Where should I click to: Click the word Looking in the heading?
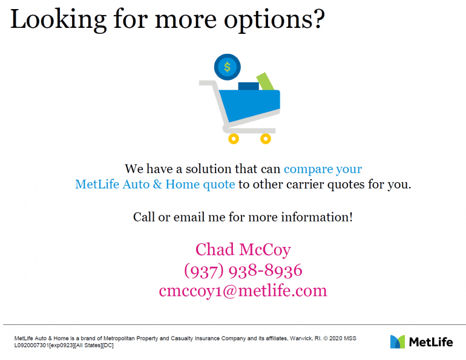(x=59, y=20)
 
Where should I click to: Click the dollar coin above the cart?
(x=228, y=67)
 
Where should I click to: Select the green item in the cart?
(x=265, y=81)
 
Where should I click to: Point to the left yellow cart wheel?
(x=234, y=139)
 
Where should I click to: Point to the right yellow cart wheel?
(x=266, y=139)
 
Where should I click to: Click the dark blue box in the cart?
(x=249, y=86)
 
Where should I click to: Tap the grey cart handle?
(x=208, y=83)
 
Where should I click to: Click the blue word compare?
(x=308, y=169)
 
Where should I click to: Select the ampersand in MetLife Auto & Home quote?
(x=157, y=184)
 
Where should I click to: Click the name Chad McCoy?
(x=243, y=250)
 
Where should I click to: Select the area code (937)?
(x=203, y=271)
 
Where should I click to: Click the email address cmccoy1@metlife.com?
(x=243, y=290)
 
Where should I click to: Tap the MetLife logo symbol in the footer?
(x=398, y=342)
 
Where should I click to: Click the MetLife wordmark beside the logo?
(x=431, y=342)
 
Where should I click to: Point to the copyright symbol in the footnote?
(x=325, y=338)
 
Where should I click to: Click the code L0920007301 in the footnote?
(x=31, y=345)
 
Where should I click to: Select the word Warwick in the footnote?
(x=301, y=338)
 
